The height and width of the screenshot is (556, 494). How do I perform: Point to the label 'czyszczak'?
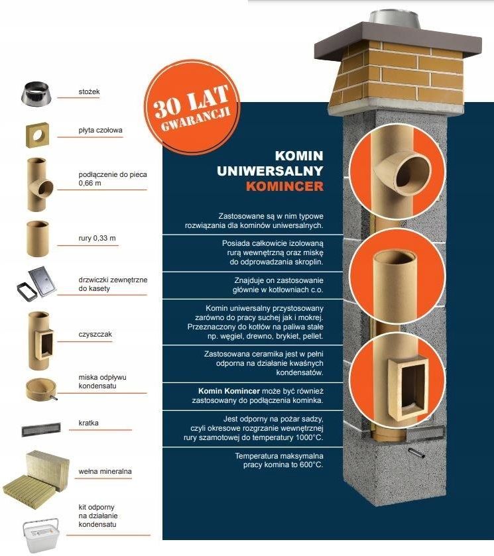[x=95, y=335]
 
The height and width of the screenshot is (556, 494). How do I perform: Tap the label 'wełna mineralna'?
[x=105, y=471]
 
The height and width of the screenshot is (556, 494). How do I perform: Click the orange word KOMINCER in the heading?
[x=284, y=186]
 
